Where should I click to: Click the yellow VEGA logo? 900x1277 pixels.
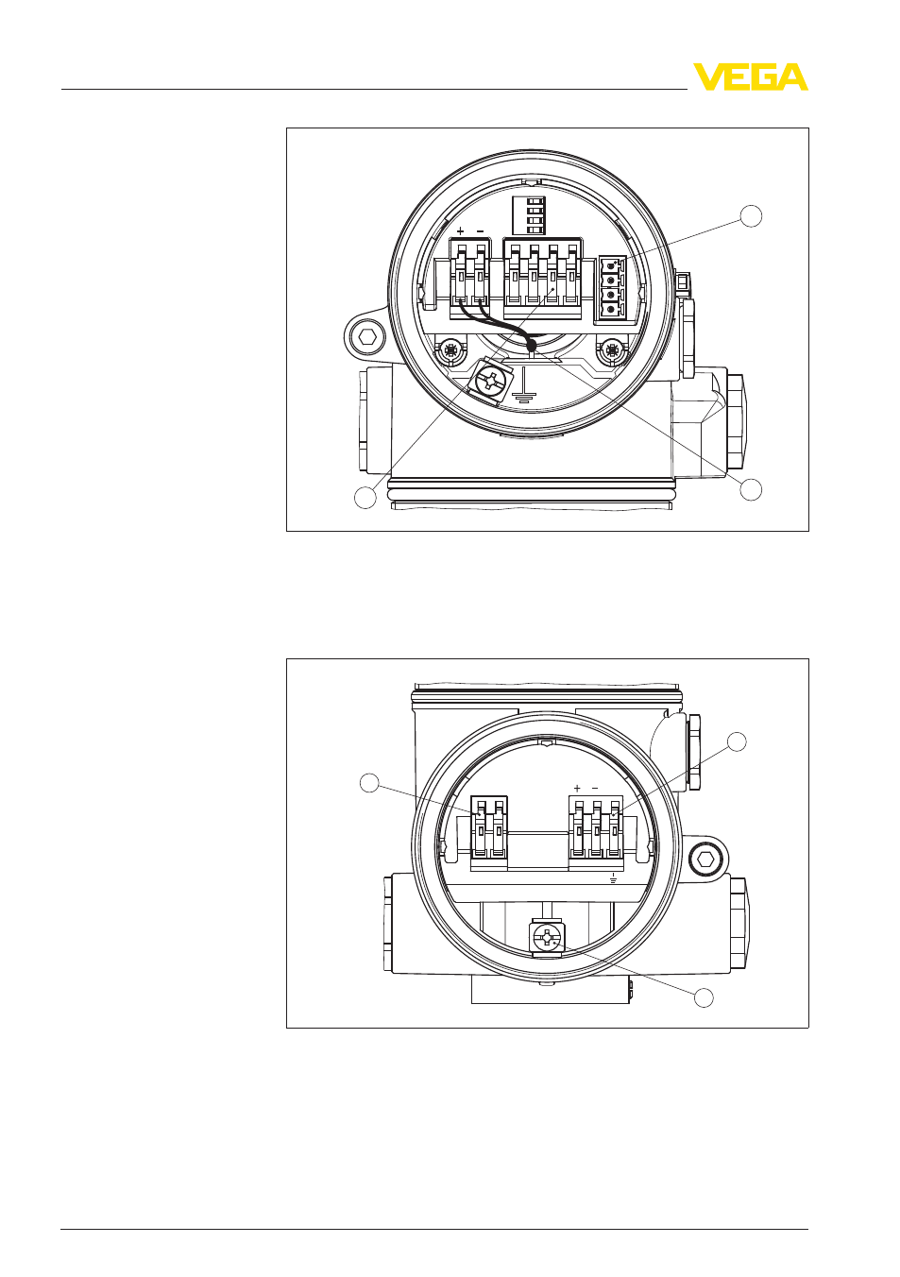pos(750,77)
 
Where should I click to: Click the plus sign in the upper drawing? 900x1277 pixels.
pos(461,231)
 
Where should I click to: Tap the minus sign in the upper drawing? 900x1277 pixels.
pos(480,231)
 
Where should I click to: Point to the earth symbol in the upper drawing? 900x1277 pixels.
pos(522,388)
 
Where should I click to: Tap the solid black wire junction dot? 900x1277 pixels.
pos(532,346)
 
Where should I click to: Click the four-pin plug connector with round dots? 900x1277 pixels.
pos(612,287)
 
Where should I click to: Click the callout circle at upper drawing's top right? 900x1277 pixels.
pos(751,216)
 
